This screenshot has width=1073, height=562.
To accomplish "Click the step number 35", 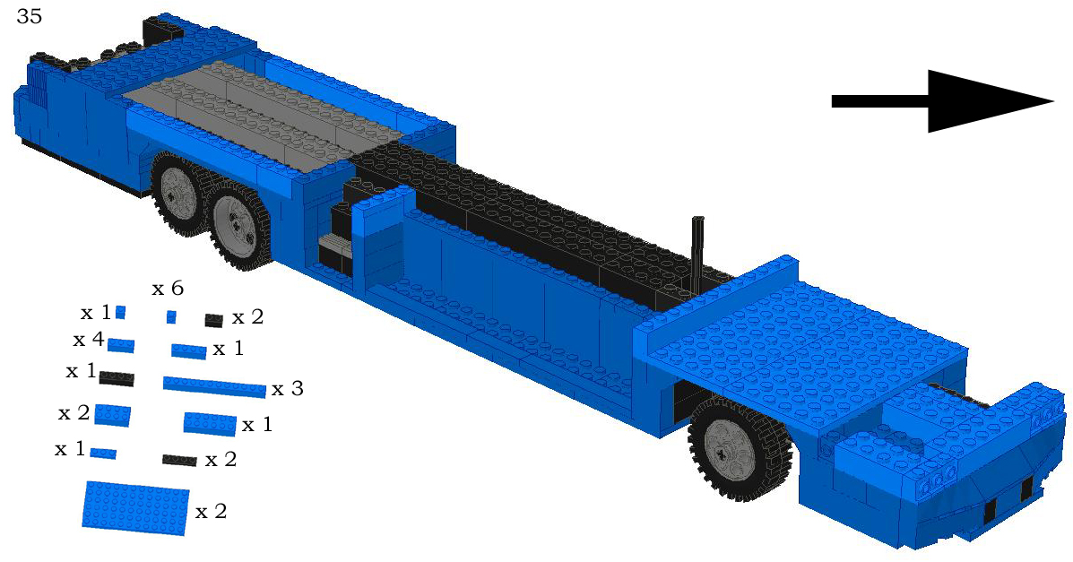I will click(x=29, y=17).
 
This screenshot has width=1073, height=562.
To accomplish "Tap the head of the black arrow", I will click(x=986, y=101).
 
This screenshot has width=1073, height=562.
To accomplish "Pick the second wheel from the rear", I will click(x=238, y=226).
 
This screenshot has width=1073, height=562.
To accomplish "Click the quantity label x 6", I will click(x=168, y=289).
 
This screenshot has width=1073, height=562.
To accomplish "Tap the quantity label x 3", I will click(x=288, y=389).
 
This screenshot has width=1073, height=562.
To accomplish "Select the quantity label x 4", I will click(x=89, y=341).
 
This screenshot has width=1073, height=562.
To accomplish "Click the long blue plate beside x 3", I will click(x=215, y=386).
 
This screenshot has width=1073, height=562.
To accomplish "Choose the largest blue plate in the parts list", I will click(x=136, y=507).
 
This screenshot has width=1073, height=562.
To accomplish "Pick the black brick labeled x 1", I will click(x=117, y=378).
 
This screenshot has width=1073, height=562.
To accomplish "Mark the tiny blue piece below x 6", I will click(x=171, y=316).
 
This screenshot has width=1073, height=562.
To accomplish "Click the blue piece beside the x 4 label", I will click(x=121, y=346).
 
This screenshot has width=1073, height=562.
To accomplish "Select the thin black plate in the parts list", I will click(x=179, y=460).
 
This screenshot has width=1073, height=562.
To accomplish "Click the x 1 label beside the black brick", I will click(x=81, y=371).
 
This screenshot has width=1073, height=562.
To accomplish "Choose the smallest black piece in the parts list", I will click(x=213, y=320).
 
